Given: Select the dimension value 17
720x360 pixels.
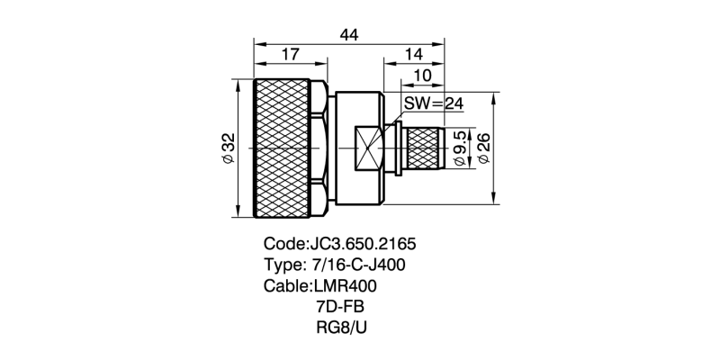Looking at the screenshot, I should [290, 56].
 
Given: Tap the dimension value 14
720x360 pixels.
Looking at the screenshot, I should [414, 56].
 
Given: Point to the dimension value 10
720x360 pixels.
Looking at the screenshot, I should [423, 77].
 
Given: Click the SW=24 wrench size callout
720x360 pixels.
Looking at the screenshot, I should [432, 103].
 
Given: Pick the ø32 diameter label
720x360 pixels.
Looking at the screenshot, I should [229, 148].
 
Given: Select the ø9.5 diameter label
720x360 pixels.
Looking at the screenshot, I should [460, 148].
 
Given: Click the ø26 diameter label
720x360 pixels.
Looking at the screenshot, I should [483, 148].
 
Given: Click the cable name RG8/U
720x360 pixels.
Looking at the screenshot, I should [341, 327].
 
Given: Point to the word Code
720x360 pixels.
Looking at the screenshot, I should [283, 244].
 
